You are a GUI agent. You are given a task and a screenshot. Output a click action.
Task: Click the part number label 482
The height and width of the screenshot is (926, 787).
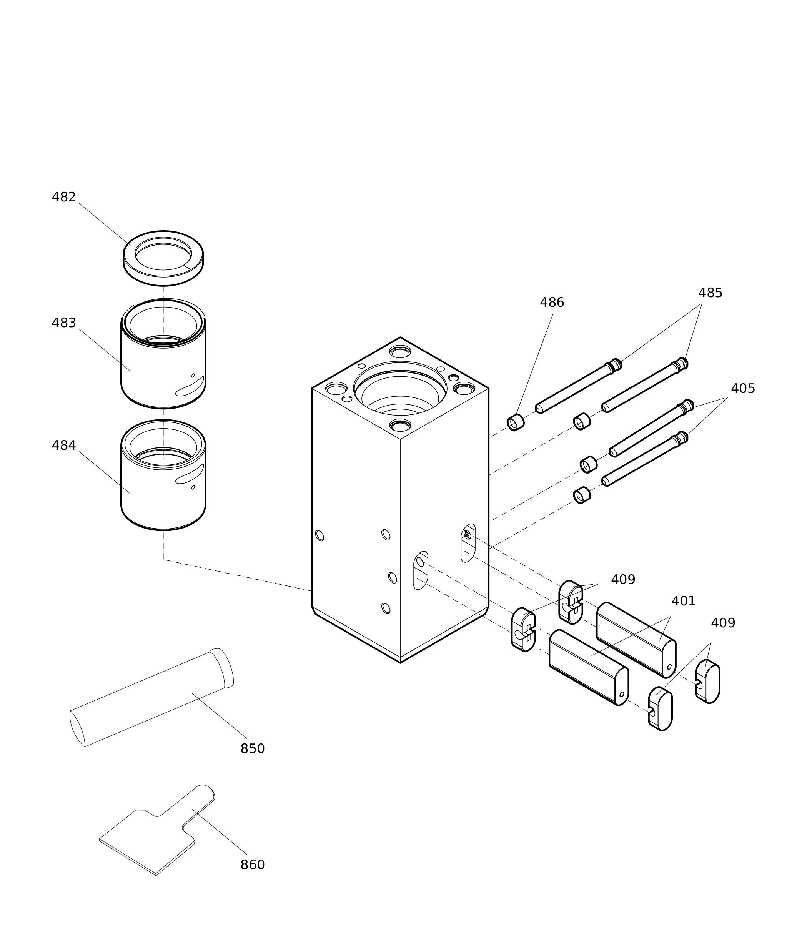(x=64, y=197)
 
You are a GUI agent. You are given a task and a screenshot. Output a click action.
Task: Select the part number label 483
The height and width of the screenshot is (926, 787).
(x=64, y=323)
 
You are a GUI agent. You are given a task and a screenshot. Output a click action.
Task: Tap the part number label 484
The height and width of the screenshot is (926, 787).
(x=64, y=446)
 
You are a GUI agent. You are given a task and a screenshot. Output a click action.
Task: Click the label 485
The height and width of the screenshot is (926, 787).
(x=710, y=293)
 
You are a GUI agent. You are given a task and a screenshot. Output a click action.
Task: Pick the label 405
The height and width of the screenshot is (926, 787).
(x=743, y=389)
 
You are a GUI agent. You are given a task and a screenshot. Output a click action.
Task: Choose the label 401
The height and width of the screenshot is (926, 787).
(x=684, y=601)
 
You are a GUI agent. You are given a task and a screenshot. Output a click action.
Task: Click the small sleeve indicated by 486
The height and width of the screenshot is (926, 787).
(x=515, y=422)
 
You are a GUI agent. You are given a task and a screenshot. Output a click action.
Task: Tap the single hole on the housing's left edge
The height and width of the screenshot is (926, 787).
(x=319, y=536)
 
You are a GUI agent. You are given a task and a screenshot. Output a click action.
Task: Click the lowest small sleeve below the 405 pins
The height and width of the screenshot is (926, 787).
(x=582, y=495)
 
